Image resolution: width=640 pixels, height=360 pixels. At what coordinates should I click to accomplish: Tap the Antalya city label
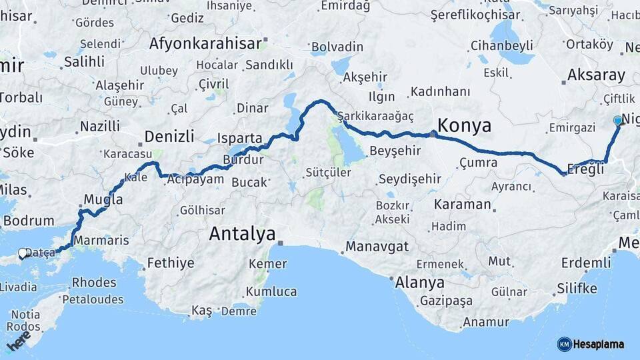[x=242, y=233]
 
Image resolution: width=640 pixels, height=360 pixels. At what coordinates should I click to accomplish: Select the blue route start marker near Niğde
[x=618, y=121]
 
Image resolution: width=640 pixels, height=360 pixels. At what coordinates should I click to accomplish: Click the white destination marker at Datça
[x=23, y=253]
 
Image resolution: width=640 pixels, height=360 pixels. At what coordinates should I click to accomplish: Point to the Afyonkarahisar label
[x=205, y=44]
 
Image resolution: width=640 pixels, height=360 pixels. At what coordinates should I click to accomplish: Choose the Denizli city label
[x=169, y=137]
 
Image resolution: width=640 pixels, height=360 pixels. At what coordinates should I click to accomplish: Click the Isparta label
[x=240, y=138]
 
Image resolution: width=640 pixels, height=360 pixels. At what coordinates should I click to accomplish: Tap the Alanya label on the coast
[x=419, y=282]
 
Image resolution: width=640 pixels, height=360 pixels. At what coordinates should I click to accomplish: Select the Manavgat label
[x=377, y=247]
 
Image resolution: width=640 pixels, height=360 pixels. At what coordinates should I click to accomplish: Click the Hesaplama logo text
[x=598, y=344]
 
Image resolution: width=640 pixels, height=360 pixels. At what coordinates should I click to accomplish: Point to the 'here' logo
[x=19, y=341]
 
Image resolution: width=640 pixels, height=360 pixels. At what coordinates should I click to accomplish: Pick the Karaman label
[x=462, y=204]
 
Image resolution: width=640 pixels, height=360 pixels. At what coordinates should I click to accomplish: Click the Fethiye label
[x=171, y=263]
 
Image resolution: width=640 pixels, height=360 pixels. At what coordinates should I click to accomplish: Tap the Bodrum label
[x=29, y=221]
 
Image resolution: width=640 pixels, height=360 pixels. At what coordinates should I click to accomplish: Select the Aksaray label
[x=596, y=75]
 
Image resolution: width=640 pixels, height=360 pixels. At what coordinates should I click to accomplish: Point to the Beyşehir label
[x=395, y=151]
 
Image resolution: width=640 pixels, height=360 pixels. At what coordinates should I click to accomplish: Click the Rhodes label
[x=94, y=283]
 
